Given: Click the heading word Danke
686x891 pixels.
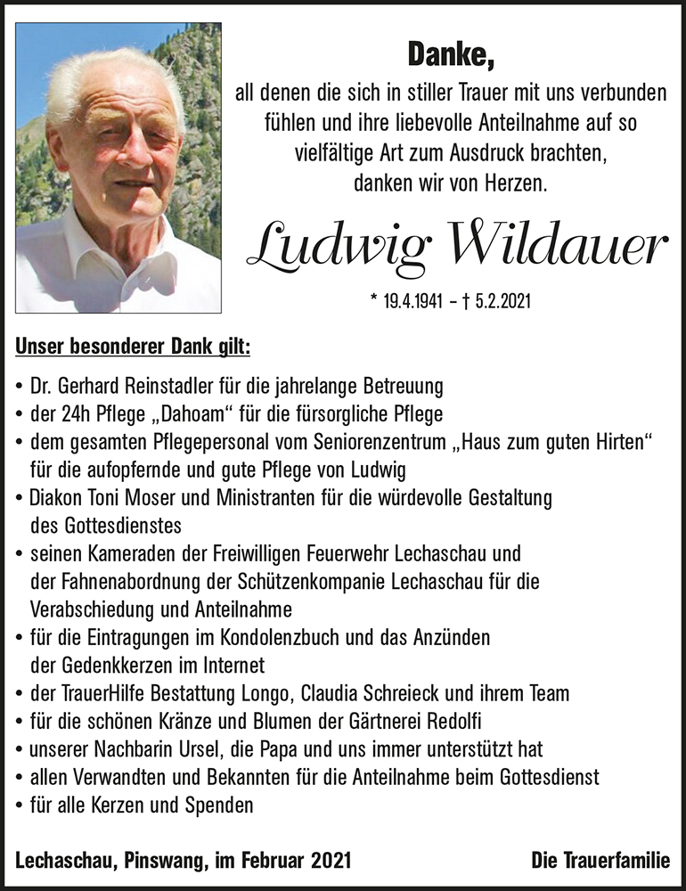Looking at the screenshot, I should point(450,55).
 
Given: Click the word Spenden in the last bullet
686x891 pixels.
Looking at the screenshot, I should point(222,805).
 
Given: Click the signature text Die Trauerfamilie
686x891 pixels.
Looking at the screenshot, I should point(600,860).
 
